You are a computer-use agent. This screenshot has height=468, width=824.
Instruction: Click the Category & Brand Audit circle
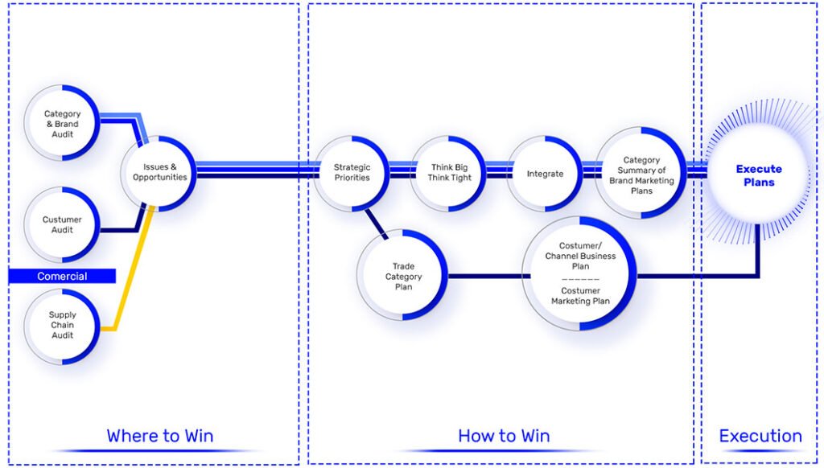click(62, 125)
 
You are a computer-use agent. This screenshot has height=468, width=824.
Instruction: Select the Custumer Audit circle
click(62, 224)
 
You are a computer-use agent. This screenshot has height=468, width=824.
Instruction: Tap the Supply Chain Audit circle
click(62, 325)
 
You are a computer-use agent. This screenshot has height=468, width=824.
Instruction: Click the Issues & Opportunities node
click(159, 172)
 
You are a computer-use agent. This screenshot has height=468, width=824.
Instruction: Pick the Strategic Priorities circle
click(352, 172)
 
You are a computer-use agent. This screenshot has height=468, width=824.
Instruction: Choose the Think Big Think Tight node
click(449, 172)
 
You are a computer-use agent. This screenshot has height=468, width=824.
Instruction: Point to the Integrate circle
click(545, 173)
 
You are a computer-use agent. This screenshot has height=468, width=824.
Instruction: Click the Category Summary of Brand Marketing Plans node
click(641, 174)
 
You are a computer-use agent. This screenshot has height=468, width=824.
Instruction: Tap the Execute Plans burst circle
click(758, 175)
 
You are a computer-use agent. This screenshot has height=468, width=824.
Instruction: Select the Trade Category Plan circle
click(402, 276)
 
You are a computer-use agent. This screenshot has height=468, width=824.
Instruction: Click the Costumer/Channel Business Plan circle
click(579, 273)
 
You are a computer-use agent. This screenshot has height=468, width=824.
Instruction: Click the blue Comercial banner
click(62, 276)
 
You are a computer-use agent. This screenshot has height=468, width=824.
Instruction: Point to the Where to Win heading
click(159, 436)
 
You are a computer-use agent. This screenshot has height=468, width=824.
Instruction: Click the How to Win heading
click(504, 436)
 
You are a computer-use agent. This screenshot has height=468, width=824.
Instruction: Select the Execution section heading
click(760, 436)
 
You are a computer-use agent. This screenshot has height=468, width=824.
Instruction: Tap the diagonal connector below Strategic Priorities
click(375, 223)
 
